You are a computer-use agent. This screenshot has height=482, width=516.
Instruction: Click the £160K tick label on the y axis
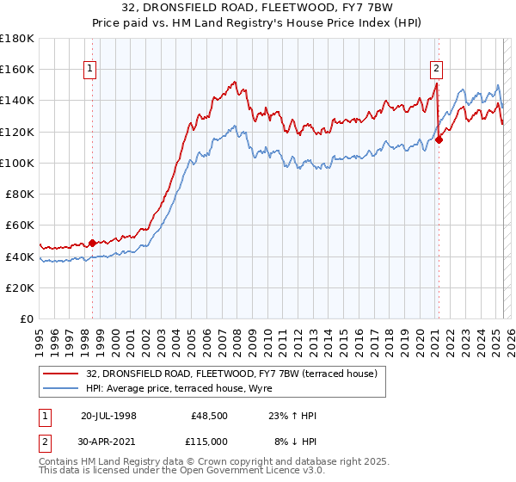17,69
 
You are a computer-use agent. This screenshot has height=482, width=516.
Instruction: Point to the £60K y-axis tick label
20,226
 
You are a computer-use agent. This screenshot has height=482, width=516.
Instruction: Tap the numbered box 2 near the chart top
437,69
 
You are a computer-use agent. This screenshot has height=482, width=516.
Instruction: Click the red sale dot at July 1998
93,243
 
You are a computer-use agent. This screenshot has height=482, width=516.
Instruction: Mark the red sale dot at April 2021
439,139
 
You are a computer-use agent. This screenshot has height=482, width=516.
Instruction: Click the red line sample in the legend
61,374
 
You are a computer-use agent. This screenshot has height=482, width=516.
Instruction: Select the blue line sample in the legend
61,389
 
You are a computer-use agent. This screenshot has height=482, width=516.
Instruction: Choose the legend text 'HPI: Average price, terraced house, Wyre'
178,389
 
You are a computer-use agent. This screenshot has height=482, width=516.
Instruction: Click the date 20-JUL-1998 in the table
108,416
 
